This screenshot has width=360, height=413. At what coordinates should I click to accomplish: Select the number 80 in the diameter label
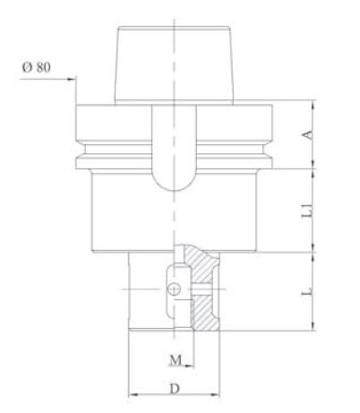pyautogui.click(x=42, y=66)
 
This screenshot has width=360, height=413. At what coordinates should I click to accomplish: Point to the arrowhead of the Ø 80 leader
pyautogui.click(x=73, y=79)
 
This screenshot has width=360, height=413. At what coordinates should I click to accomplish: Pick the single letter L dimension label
pyautogui.click(x=307, y=293)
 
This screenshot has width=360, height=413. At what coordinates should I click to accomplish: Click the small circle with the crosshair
pyautogui.click(x=176, y=288)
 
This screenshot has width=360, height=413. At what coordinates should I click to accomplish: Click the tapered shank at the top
pyautogui.click(x=175, y=63)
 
